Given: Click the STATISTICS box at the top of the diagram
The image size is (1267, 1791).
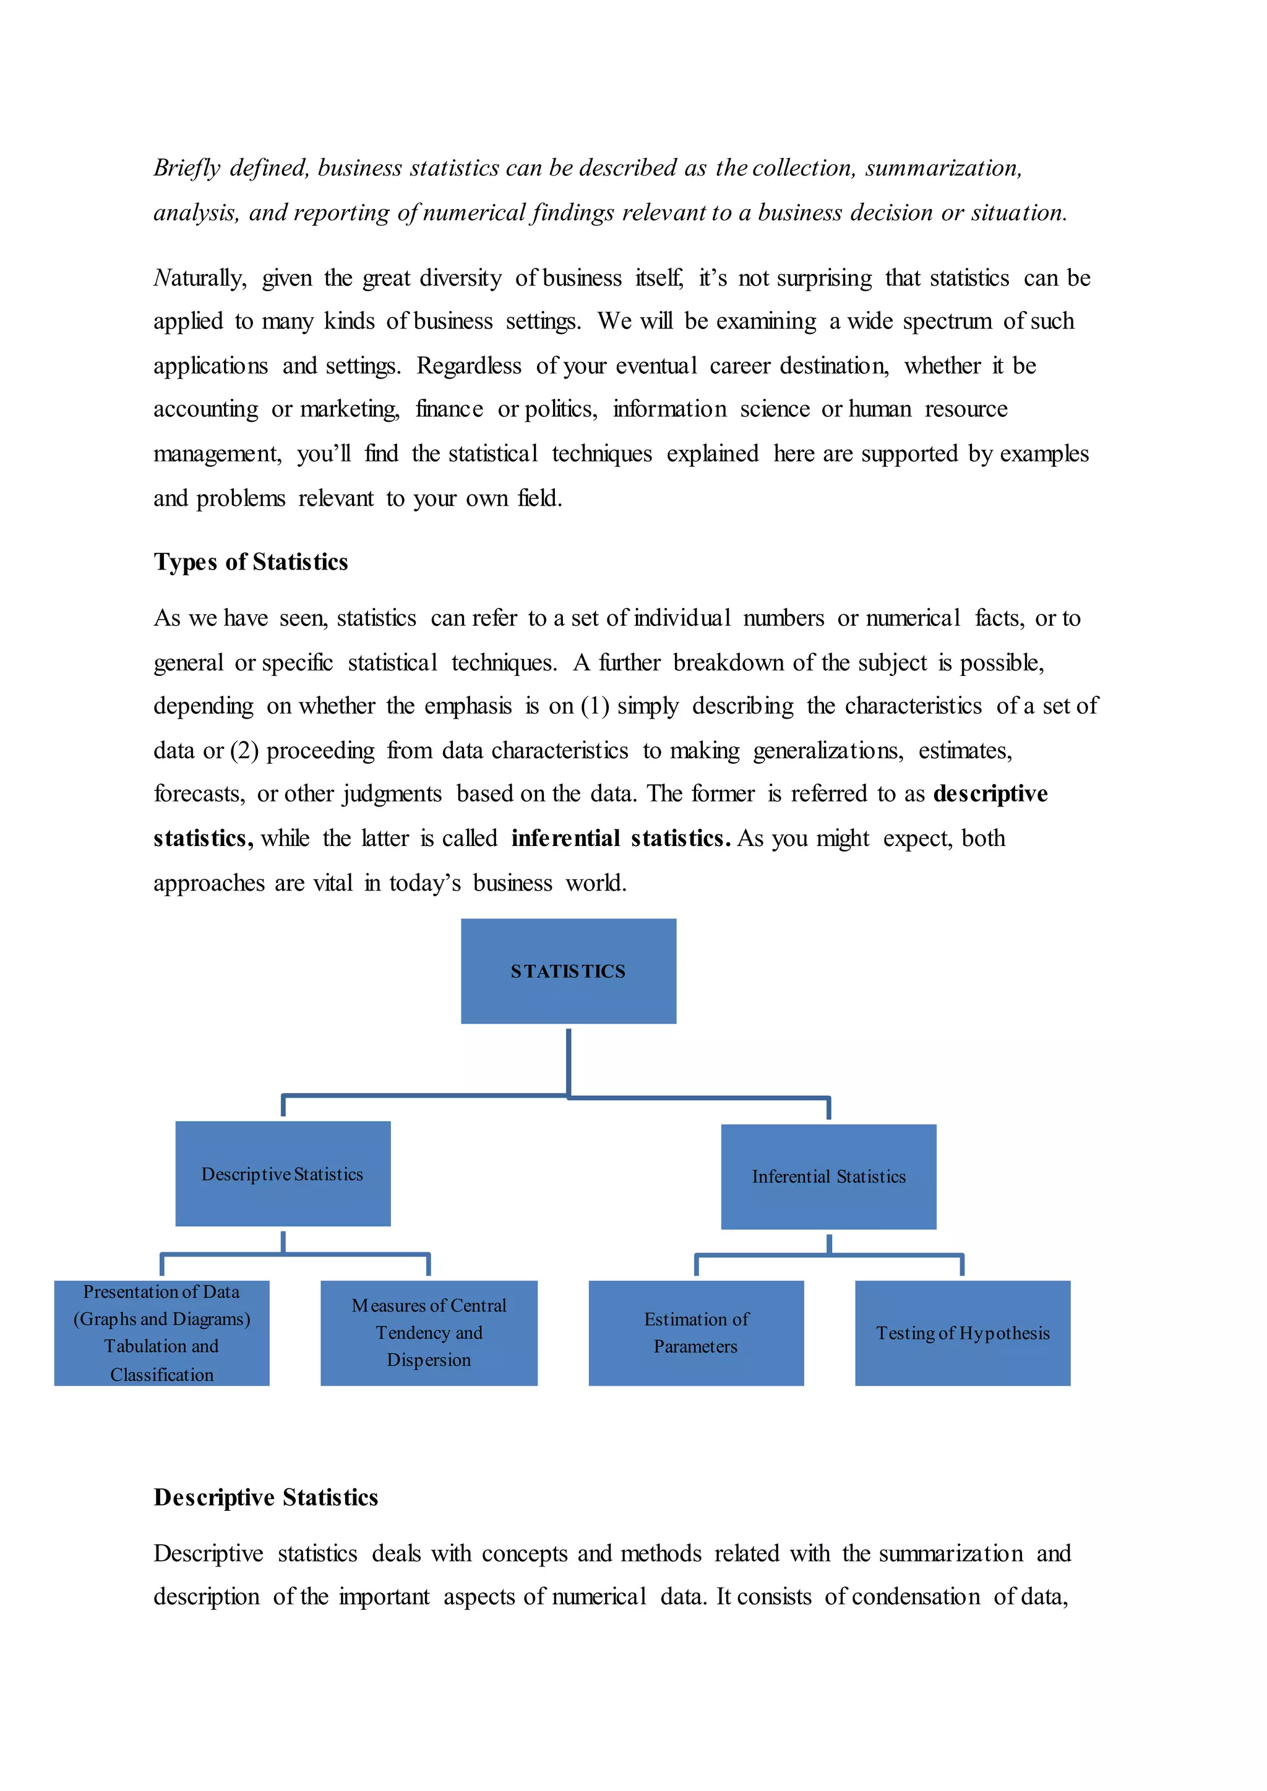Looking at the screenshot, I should point(568,970).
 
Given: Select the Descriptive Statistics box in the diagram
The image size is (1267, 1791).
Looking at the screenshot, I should point(283,1173).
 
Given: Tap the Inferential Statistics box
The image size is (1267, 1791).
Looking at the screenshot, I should point(828,1176).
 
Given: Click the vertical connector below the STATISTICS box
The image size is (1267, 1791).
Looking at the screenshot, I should point(569,1061).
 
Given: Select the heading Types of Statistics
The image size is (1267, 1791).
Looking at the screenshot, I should point(251,562).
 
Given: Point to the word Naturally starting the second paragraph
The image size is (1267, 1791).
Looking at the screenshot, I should point(200,278).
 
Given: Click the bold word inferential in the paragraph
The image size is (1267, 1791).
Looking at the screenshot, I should point(565,838).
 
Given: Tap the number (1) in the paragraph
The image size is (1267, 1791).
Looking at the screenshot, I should point(595,706).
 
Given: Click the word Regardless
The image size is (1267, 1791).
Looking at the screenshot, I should point(469,366).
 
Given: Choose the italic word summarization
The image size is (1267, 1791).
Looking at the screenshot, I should point(943,168).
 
